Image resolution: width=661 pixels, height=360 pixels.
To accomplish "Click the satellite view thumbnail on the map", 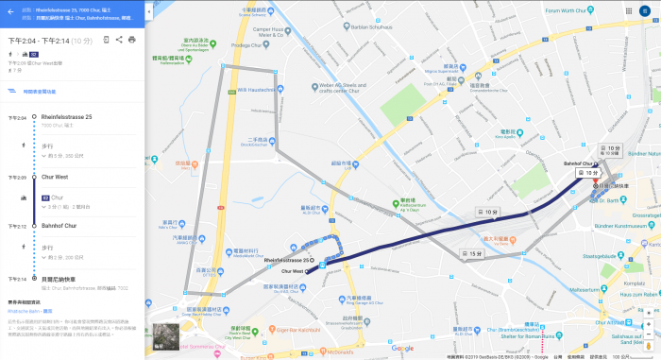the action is (165, 338).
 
